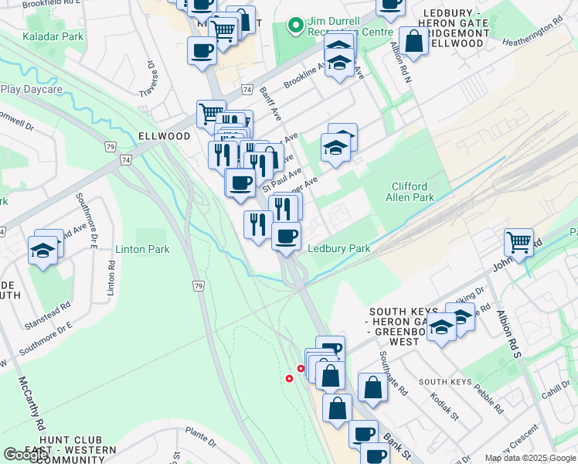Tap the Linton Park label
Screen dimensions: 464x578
(142, 249)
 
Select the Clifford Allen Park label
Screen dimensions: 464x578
(413, 192)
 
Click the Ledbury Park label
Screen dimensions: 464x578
(339, 249)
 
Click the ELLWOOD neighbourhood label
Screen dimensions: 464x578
(164, 136)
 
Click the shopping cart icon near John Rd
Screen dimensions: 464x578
(518, 241)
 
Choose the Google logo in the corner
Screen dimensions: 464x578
(25, 455)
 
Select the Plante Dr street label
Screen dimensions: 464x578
(200, 437)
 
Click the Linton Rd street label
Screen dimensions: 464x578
(111, 276)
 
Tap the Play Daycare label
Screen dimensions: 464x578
(31, 90)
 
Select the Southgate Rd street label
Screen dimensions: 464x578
(393, 374)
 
